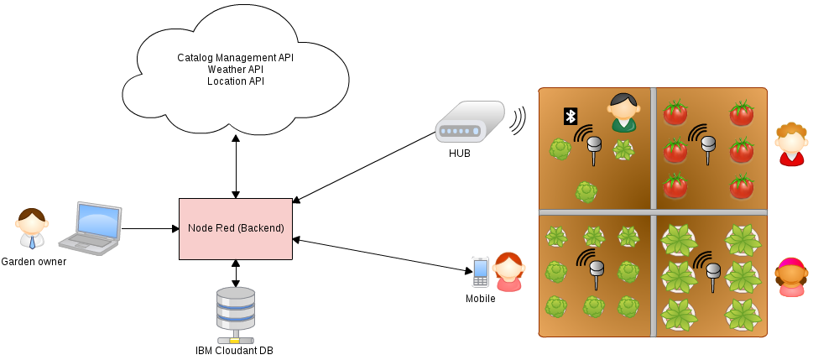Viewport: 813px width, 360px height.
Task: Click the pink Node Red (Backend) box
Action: coord(236,228)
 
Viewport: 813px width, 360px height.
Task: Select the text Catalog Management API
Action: coord(235,58)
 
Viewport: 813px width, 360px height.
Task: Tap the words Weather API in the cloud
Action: coord(235,70)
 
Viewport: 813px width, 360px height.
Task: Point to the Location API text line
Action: coord(235,81)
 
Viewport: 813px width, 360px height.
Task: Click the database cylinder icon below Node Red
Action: coord(236,313)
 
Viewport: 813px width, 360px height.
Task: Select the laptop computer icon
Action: coord(91,228)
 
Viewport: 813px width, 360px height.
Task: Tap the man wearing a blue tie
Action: coord(32,228)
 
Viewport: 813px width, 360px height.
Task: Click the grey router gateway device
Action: coord(470,123)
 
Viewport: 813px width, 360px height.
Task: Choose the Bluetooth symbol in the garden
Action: coord(571,116)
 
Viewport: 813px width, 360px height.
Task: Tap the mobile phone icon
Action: coord(481,270)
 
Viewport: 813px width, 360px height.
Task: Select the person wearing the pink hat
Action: coord(792,278)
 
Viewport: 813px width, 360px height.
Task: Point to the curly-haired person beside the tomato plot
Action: coord(791,144)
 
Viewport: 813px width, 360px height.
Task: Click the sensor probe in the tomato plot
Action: coord(708,149)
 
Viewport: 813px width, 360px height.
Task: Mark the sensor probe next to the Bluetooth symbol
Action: coord(594,149)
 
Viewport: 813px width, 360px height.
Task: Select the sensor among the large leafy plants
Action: coord(713,275)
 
